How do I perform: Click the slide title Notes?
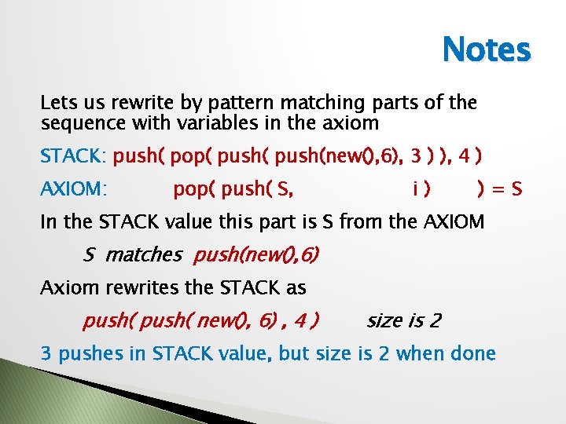487,50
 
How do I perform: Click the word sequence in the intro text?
79,122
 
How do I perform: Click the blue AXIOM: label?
74,188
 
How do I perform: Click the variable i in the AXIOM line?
414,188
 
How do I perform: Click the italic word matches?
142,254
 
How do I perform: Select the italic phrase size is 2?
404,320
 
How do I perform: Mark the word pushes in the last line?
89,353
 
